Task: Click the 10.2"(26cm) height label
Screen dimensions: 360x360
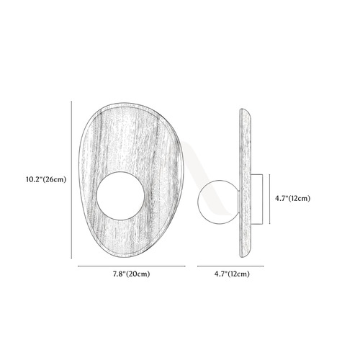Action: tap(46, 179)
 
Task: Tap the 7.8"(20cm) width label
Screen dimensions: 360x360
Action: tap(131, 274)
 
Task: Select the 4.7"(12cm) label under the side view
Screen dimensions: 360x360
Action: tap(232, 274)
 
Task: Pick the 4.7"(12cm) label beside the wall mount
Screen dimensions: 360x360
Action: tap(292, 199)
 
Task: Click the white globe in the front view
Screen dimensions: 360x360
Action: tap(120, 196)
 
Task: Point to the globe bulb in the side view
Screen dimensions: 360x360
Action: tap(218, 202)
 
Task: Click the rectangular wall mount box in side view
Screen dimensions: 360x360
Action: tap(256, 199)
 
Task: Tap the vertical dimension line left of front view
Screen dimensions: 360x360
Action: tap(71, 180)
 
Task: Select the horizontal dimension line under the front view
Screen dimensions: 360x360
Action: tap(132, 266)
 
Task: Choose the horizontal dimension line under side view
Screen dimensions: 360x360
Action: tap(230, 266)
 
